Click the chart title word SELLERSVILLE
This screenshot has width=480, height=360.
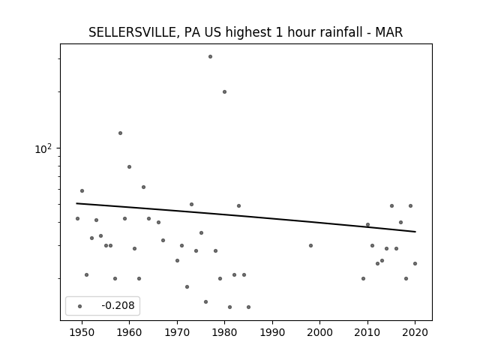[133, 32]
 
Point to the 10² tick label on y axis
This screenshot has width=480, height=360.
[43, 148]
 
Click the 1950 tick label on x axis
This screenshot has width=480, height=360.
[82, 332]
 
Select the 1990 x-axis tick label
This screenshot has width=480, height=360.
[272, 332]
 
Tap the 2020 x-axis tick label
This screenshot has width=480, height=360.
[415, 332]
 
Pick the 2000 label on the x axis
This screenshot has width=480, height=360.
[320, 332]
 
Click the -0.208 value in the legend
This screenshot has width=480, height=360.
[118, 305]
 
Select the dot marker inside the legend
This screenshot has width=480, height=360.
[80, 306]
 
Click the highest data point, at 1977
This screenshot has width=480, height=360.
[210, 57]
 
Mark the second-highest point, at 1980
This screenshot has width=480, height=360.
[224, 91]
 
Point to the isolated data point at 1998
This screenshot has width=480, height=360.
[310, 245]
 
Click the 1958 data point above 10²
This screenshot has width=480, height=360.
[120, 133]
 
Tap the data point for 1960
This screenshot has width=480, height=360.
[130, 166]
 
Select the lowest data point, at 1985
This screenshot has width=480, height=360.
[248, 307]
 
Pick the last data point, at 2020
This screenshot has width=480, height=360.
[415, 263]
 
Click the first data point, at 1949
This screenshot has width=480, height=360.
[77, 218]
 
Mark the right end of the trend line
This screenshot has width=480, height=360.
[415, 232]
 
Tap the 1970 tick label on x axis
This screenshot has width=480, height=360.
[177, 332]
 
